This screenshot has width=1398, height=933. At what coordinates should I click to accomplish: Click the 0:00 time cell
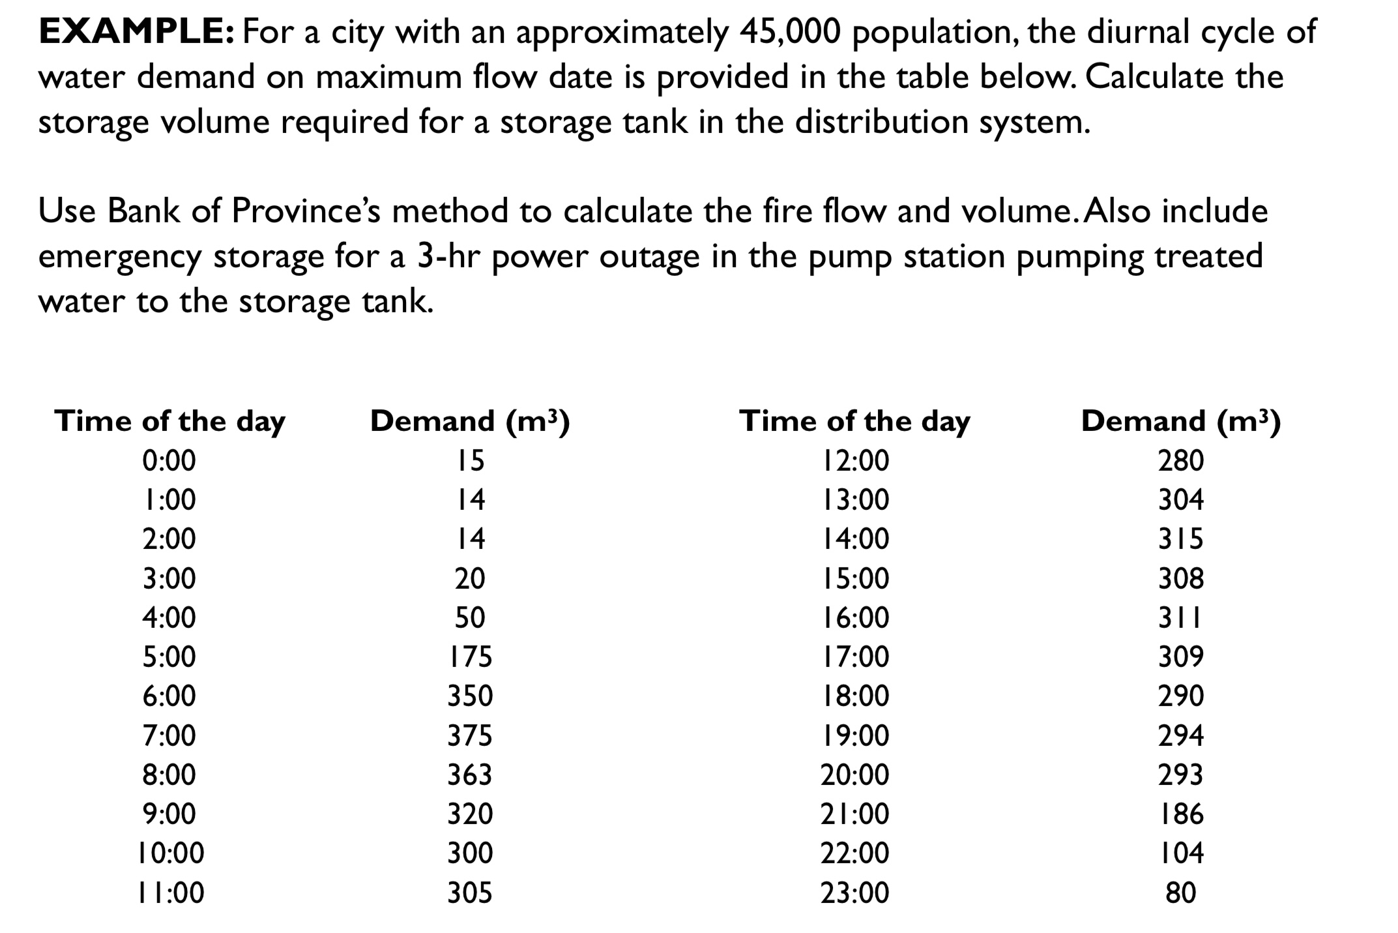pos(169,461)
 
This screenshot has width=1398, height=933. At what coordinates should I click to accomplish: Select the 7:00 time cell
pos(169,735)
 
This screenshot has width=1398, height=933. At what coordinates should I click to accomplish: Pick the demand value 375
pos(470,735)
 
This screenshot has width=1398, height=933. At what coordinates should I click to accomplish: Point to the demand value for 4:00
pos(470,617)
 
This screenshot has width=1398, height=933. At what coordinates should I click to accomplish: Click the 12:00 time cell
pos(854,461)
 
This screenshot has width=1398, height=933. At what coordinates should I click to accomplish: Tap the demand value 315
pos(1180,539)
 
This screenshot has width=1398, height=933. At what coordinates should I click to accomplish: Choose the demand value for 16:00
pos(1180,617)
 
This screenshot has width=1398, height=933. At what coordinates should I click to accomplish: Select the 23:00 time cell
pos(854,893)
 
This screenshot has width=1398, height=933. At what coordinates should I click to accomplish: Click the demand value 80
pos(1180,893)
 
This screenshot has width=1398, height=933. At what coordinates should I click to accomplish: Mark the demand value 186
pos(1180,814)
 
